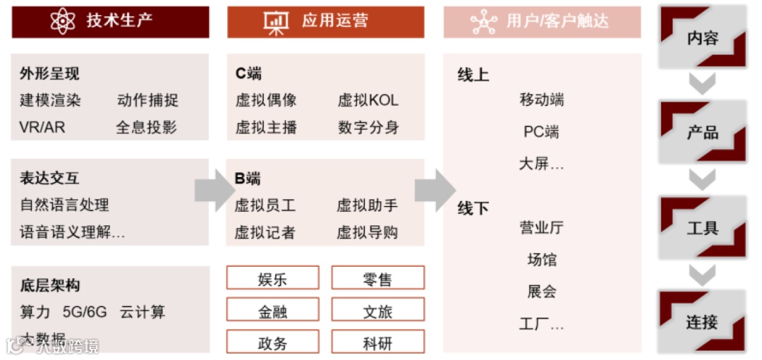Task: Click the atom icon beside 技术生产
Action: point(63,21)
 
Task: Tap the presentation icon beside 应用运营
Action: point(277,21)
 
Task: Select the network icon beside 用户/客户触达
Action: point(483,22)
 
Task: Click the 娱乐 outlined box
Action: point(272,278)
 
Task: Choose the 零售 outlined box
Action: point(377,278)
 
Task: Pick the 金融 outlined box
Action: point(272,310)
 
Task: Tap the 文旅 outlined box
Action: point(377,310)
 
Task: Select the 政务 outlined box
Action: point(272,342)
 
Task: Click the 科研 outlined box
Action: point(377,342)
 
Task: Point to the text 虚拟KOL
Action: point(368,100)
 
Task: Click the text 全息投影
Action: point(147,128)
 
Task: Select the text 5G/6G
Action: point(84,312)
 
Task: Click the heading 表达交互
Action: point(49,178)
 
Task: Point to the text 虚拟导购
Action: point(367,233)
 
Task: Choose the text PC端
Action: point(541,132)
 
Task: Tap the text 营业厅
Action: point(541,227)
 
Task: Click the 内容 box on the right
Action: point(703,37)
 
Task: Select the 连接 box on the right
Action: point(703,322)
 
